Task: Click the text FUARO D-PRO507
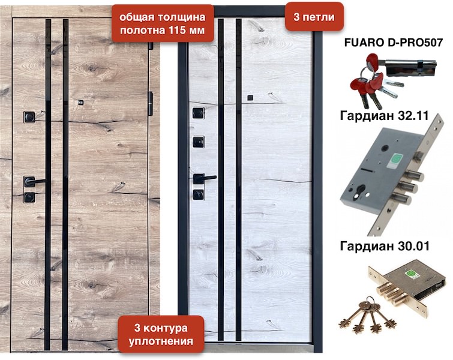pos(393,43)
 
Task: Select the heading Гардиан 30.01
pos(385,246)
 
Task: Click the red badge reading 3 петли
pos(314,17)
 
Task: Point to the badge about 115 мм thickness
pos(163,23)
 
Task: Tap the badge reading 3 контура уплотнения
pos(161,334)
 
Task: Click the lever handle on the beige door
pos(34,182)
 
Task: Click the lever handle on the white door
pos(203,178)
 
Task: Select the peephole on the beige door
pos(81,102)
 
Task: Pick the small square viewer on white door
pos(250,98)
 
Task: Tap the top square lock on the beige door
pos(29,116)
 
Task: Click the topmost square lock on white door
pos(199,113)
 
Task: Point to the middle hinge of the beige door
pos(150,104)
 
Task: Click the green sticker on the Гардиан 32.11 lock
pos(394,161)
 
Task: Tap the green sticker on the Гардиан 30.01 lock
pos(410,274)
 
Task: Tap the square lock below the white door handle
pos(199,195)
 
